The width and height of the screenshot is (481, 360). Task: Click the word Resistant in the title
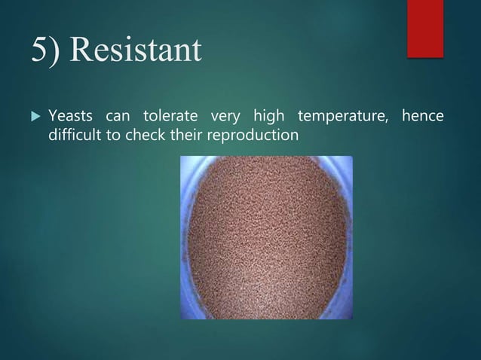click(138, 51)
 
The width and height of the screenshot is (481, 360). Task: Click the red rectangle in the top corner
click(425, 28)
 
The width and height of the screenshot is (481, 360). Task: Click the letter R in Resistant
click(84, 50)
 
